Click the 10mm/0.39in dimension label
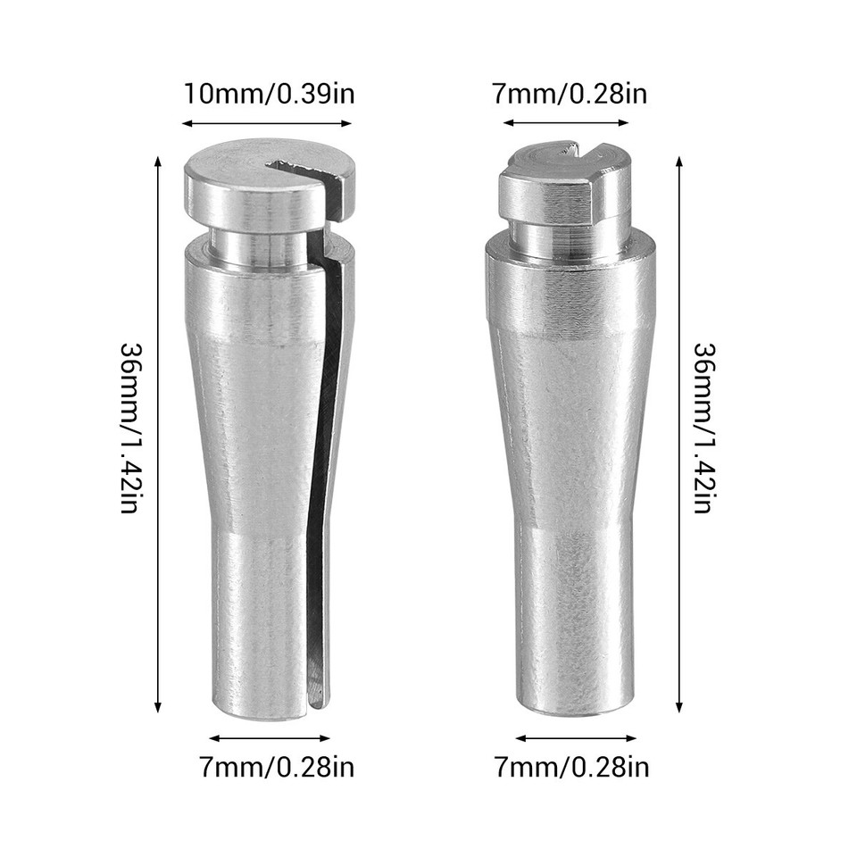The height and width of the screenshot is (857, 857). [x=269, y=94]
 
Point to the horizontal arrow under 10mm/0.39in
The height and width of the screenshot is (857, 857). [x=266, y=123]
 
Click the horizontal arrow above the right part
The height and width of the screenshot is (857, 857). [x=566, y=123]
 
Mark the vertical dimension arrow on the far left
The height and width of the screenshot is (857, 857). [x=159, y=435]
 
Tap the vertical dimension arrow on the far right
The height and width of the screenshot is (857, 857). [x=678, y=435]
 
